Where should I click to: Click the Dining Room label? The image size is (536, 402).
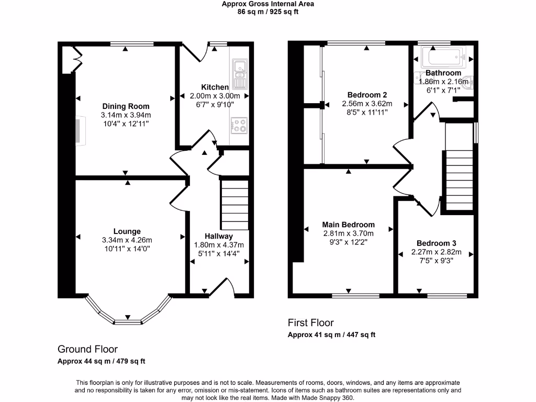pos(126,106)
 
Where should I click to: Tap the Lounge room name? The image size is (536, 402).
pos(127,231)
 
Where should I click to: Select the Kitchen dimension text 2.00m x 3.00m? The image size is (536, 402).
pos(215,96)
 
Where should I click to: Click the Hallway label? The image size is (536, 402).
pos(219,236)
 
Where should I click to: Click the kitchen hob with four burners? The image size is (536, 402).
pos(240,126)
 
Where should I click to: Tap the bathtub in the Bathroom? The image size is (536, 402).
pos(444,55)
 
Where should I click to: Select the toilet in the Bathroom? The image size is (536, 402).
pos(470,82)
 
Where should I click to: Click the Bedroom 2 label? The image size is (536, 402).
pos(367,95)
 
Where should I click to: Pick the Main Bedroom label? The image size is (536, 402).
pos(348,225)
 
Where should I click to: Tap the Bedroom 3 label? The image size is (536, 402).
pos(437,243)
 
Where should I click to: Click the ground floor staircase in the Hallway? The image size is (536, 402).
pos(233,204)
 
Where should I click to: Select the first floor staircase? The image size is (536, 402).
pos(459,178)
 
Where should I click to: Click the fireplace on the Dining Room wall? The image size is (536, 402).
pos(79,130)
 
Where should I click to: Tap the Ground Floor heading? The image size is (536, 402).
pos(87,349)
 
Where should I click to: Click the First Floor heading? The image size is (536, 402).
pos(310,323)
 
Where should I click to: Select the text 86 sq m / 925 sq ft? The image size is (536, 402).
pos(268,12)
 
